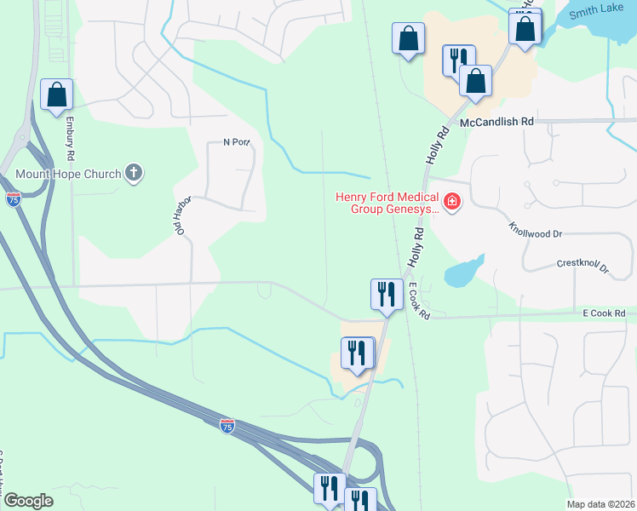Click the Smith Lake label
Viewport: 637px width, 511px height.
(x=594, y=13)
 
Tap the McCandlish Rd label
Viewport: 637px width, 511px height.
(x=496, y=122)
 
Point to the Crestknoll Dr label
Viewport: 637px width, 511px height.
(x=583, y=267)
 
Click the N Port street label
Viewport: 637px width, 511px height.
(x=236, y=142)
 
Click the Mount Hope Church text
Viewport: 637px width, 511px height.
(x=69, y=175)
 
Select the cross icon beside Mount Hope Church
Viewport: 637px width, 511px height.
(x=134, y=174)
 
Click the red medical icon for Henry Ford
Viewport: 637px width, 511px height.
(x=452, y=203)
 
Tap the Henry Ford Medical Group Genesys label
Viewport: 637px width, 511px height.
(x=387, y=201)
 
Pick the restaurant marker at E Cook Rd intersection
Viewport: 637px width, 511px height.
(x=387, y=294)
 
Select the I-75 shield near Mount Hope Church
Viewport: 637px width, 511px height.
(x=14, y=199)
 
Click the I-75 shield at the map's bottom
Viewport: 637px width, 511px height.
(x=227, y=424)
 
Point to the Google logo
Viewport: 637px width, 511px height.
(x=28, y=500)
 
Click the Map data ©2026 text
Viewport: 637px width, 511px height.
(x=600, y=504)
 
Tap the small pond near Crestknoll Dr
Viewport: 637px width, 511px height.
(x=461, y=273)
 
